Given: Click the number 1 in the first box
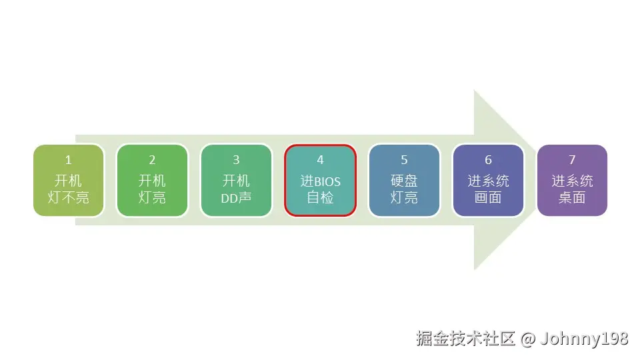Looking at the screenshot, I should [68, 160].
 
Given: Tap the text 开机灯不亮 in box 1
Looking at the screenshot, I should [68, 189].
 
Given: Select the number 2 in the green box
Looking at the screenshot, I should [152, 160].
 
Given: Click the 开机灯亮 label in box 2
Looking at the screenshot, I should [152, 189].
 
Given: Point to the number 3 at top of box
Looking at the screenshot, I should [236, 160].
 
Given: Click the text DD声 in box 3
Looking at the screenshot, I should [236, 198].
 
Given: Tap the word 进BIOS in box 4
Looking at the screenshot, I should [320, 181].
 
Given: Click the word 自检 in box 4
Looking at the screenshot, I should [320, 198].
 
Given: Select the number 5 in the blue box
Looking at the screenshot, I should [404, 160].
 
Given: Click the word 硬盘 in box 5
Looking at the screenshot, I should [404, 181].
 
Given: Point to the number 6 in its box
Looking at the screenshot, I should [488, 160].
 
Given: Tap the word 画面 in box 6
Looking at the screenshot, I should [488, 198].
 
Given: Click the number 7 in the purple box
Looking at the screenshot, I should [572, 160].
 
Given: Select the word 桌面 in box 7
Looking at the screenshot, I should [572, 198].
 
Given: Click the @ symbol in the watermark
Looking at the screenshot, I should [527, 339].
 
